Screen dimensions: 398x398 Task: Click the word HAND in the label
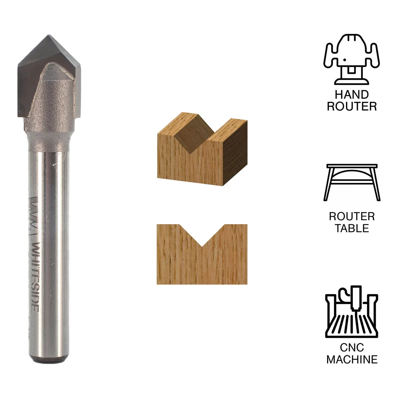(352, 95)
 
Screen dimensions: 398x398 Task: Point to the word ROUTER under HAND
(352, 106)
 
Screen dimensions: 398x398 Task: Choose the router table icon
(352, 182)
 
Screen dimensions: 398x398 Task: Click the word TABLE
(352, 228)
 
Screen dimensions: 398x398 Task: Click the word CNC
(352, 348)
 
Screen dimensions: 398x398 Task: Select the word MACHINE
(352, 359)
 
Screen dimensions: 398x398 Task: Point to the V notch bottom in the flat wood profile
(202, 246)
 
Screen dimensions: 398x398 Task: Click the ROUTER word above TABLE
(352, 217)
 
